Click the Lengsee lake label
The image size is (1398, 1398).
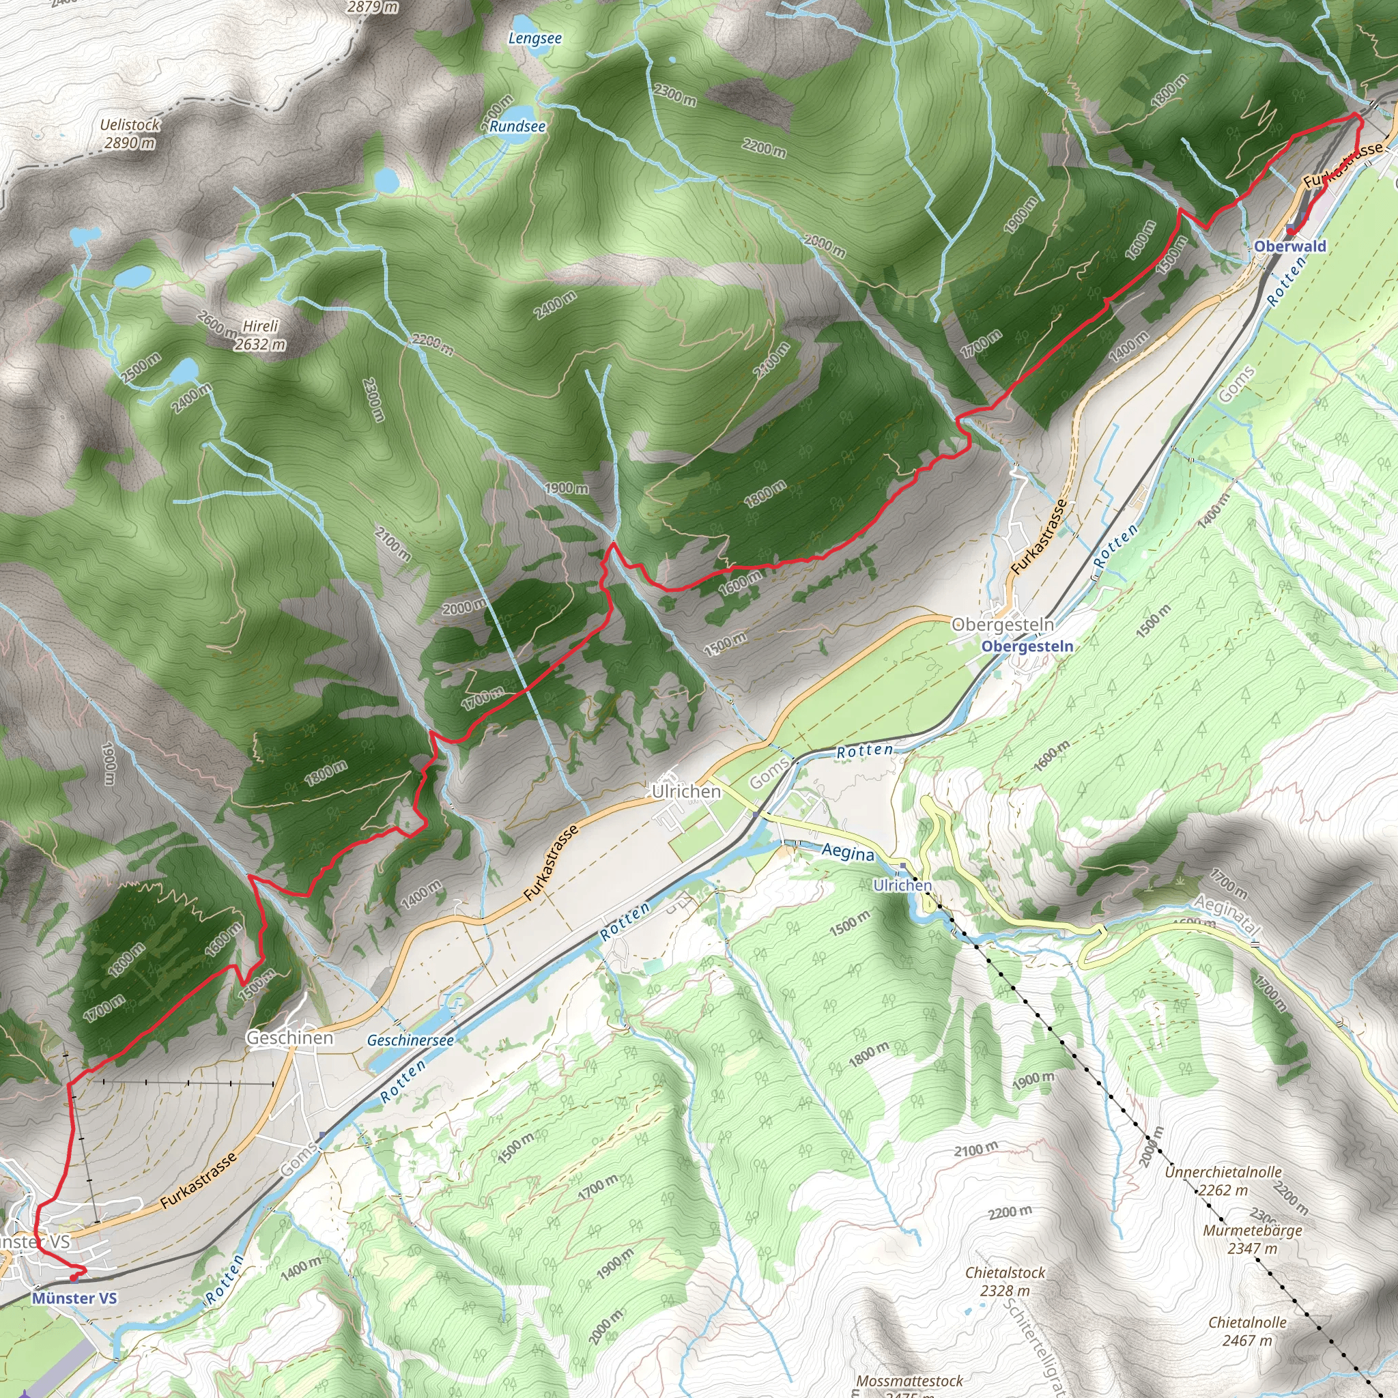534,38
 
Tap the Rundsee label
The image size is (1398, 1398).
517,126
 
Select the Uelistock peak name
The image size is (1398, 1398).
130,124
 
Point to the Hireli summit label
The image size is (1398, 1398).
261,326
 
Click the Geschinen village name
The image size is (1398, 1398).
290,1038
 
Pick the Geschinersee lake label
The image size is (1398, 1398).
410,1040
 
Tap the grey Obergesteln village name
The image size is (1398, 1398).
1002,625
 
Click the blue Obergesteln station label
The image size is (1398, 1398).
1027,646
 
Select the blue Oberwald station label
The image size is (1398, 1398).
1290,246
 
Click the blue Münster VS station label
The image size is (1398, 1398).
74,1298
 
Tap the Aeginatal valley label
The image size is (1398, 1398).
1227,914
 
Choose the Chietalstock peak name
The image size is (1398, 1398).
1005,1272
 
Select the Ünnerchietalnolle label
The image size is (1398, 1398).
1223,1171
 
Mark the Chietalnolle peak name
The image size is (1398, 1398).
1248,1322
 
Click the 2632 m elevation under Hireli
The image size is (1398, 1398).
260,345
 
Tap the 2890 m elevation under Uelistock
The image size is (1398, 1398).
130,143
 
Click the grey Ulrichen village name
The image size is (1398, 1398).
686,792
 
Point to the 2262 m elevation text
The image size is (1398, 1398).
1223,1190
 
